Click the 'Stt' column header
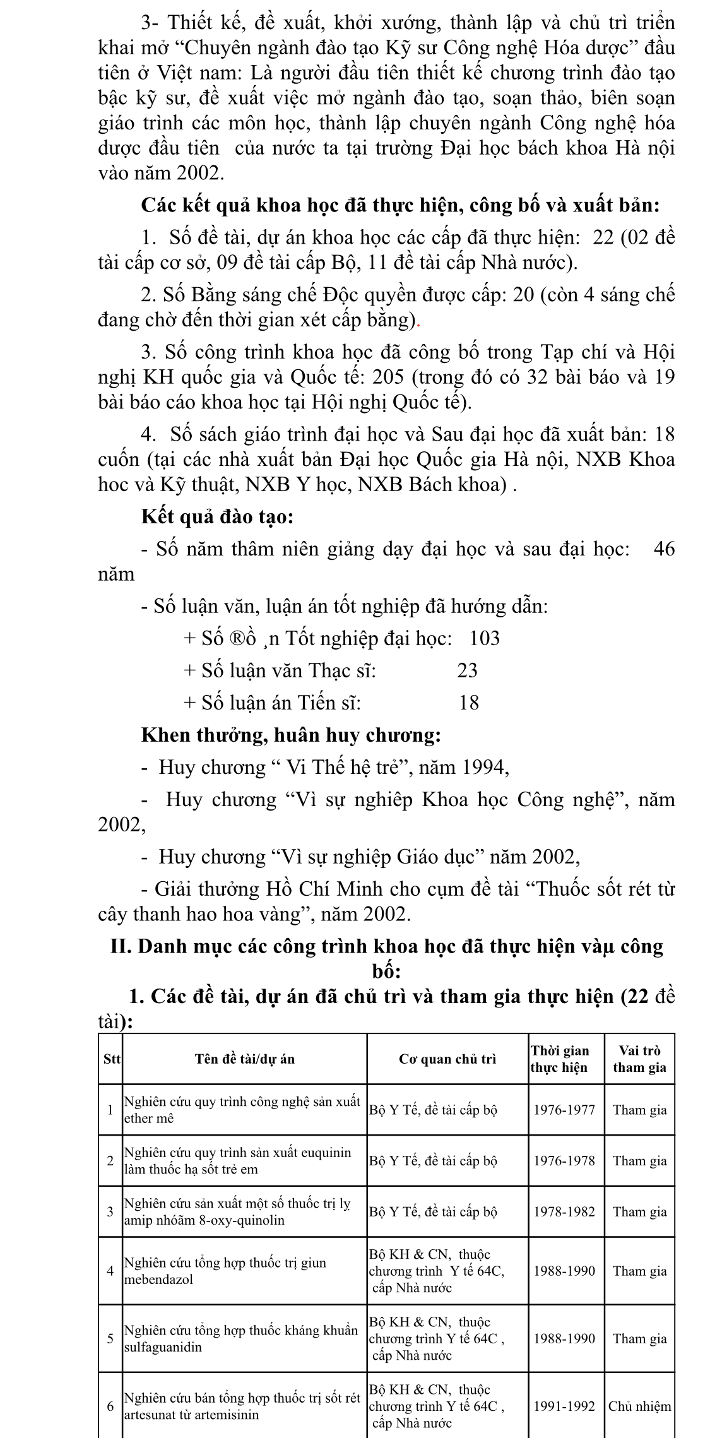(x=111, y=1059)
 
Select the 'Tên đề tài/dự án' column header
(x=245, y=1059)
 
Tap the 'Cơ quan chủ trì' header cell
(x=447, y=1059)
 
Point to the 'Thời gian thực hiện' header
(x=559, y=1059)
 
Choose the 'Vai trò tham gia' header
(x=639, y=1059)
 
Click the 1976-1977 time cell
(x=564, y=1110)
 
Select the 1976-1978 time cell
(x=564, y=1160)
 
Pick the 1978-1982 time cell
(x=564, y=1211)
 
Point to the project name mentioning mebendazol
(x=225, y=1271)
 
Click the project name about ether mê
(x=242, y=1110)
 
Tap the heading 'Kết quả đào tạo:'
(x=217, y=517)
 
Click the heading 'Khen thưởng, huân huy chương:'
(x=290, y=735)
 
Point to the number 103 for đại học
(x=485, y=638)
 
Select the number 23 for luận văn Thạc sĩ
(x=468, y=670)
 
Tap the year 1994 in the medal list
(x=483, y=767)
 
